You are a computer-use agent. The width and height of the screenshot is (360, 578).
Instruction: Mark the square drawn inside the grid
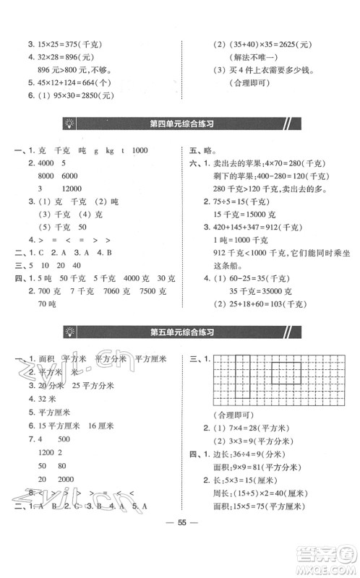click(x=286, y=378)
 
